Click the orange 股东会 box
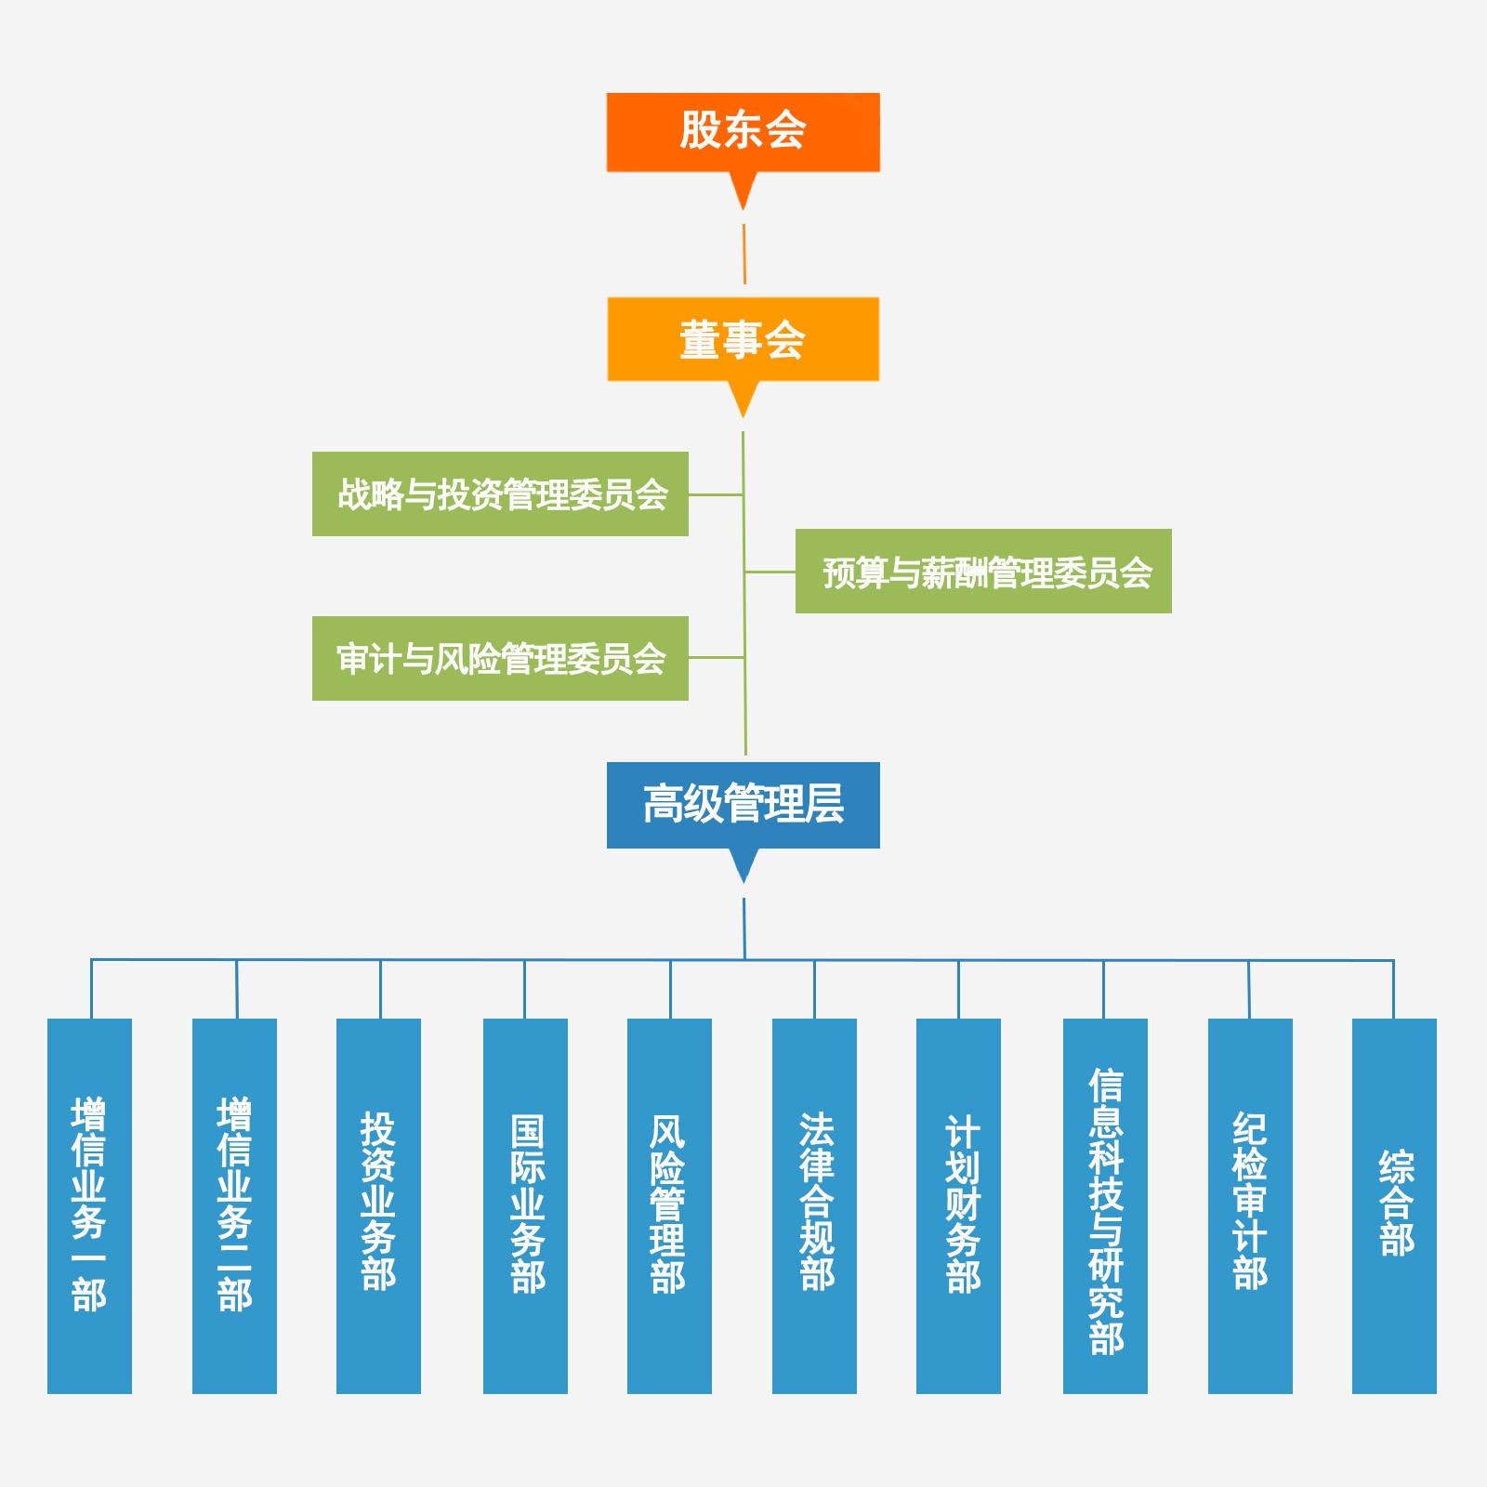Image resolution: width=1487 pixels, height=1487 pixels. (743, 132)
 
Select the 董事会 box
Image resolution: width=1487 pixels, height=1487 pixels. (743, 339)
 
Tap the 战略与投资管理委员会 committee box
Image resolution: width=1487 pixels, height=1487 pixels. (500, 493)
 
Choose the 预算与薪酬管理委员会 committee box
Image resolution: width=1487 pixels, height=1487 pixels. (983, 571)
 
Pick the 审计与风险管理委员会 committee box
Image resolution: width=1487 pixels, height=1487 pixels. (500, 658)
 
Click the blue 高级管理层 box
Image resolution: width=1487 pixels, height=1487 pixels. (743, 805)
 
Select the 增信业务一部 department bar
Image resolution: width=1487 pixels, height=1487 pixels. (89, 1205)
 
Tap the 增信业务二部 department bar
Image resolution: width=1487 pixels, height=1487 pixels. (234, 1205)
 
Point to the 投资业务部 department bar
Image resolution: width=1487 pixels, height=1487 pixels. (378, 1205)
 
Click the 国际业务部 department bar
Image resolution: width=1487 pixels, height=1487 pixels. (525, 1205)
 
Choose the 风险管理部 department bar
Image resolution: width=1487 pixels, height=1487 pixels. (669, 1205)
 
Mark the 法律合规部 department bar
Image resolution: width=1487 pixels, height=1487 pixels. (814, 1205)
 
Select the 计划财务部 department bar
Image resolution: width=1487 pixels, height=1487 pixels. (958, 1205)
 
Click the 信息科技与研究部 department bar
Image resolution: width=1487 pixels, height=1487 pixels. (1105, 1205)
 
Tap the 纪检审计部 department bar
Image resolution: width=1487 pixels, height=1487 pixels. (1250, 1205)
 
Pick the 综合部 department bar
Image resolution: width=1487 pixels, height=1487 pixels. (1394, 1205)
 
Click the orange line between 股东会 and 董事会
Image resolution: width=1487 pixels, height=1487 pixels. (743, 254)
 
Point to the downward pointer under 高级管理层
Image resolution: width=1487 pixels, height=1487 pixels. (743, 864)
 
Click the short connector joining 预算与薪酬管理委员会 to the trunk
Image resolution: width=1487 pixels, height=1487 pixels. (770, 572)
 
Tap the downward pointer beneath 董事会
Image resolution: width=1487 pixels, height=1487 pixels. (743, 398)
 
